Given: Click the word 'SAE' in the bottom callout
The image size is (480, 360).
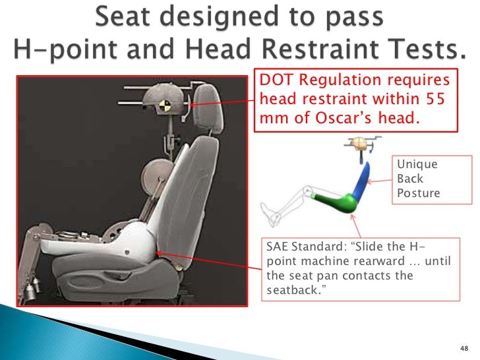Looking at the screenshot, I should tap(278, 249).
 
